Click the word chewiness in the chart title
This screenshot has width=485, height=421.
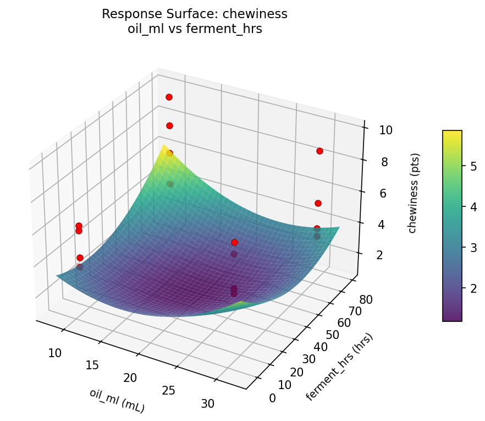[258, 14]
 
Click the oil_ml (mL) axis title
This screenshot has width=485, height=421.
[117, 401]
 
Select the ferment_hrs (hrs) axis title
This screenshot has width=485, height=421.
[340, 367]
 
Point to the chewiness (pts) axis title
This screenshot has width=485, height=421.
[412, 193]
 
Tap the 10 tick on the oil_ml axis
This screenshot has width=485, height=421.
[55, 353]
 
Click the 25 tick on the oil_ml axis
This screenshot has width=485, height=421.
[169, 391]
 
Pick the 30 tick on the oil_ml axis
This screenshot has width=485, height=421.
[207, 403]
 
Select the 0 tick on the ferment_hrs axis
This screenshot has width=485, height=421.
[273, 398]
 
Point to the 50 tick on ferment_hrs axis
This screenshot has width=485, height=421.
[332, 335]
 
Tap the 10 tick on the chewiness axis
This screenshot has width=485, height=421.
[385, 130]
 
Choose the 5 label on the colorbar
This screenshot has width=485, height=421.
[473, 167]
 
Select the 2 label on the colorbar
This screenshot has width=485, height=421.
[473, 288]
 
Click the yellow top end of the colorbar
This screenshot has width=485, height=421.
[452, 133]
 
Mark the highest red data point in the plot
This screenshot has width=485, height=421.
[169, 97]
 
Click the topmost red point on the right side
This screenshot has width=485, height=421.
[319, 151]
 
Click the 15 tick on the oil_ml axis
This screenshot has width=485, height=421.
[92, 365]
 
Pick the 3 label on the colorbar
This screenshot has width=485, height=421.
[473, 248]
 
